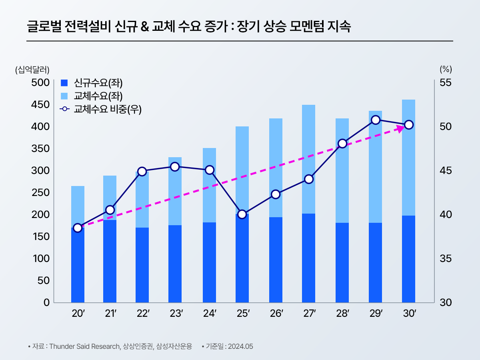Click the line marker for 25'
[x=242, y=214]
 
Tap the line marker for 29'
[x=375, y=120]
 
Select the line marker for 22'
[x=142, y=172]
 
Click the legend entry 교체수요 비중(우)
[x=107, y=109]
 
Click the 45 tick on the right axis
[x=445, y=170]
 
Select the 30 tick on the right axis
[x=445, y=302]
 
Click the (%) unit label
[x=445, y=69]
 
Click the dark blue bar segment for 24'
[x=209, y=262]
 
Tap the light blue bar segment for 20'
[x=78, y=206]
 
